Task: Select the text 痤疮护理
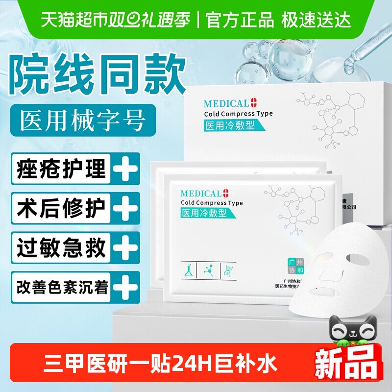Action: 62,169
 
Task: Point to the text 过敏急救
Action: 62,248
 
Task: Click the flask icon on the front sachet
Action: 187,270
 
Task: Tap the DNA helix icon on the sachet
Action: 227,270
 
